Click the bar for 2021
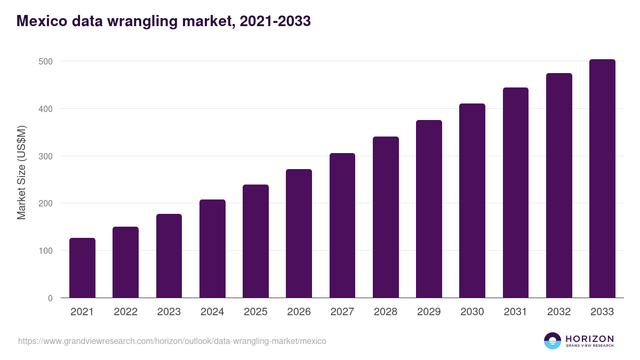click(82, 268)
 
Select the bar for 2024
click(212, 249)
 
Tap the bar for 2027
click(342, 225)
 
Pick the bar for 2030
click(472, 201)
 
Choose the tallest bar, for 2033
click(602, 178)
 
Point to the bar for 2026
click(299, 233)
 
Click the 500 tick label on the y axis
click(46, 61)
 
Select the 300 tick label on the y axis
click(46, 156)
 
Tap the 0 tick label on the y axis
click(50, 298)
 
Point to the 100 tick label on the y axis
click(46, 251)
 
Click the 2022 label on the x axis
click(125, 312)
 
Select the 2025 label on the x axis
click(255, 312)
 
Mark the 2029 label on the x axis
click(429, 312)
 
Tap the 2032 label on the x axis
click(559, 312)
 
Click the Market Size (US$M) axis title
click(21, 172)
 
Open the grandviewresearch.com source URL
click(172, 341)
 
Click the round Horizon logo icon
click(553, 341)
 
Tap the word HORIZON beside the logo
click(589, 339)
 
